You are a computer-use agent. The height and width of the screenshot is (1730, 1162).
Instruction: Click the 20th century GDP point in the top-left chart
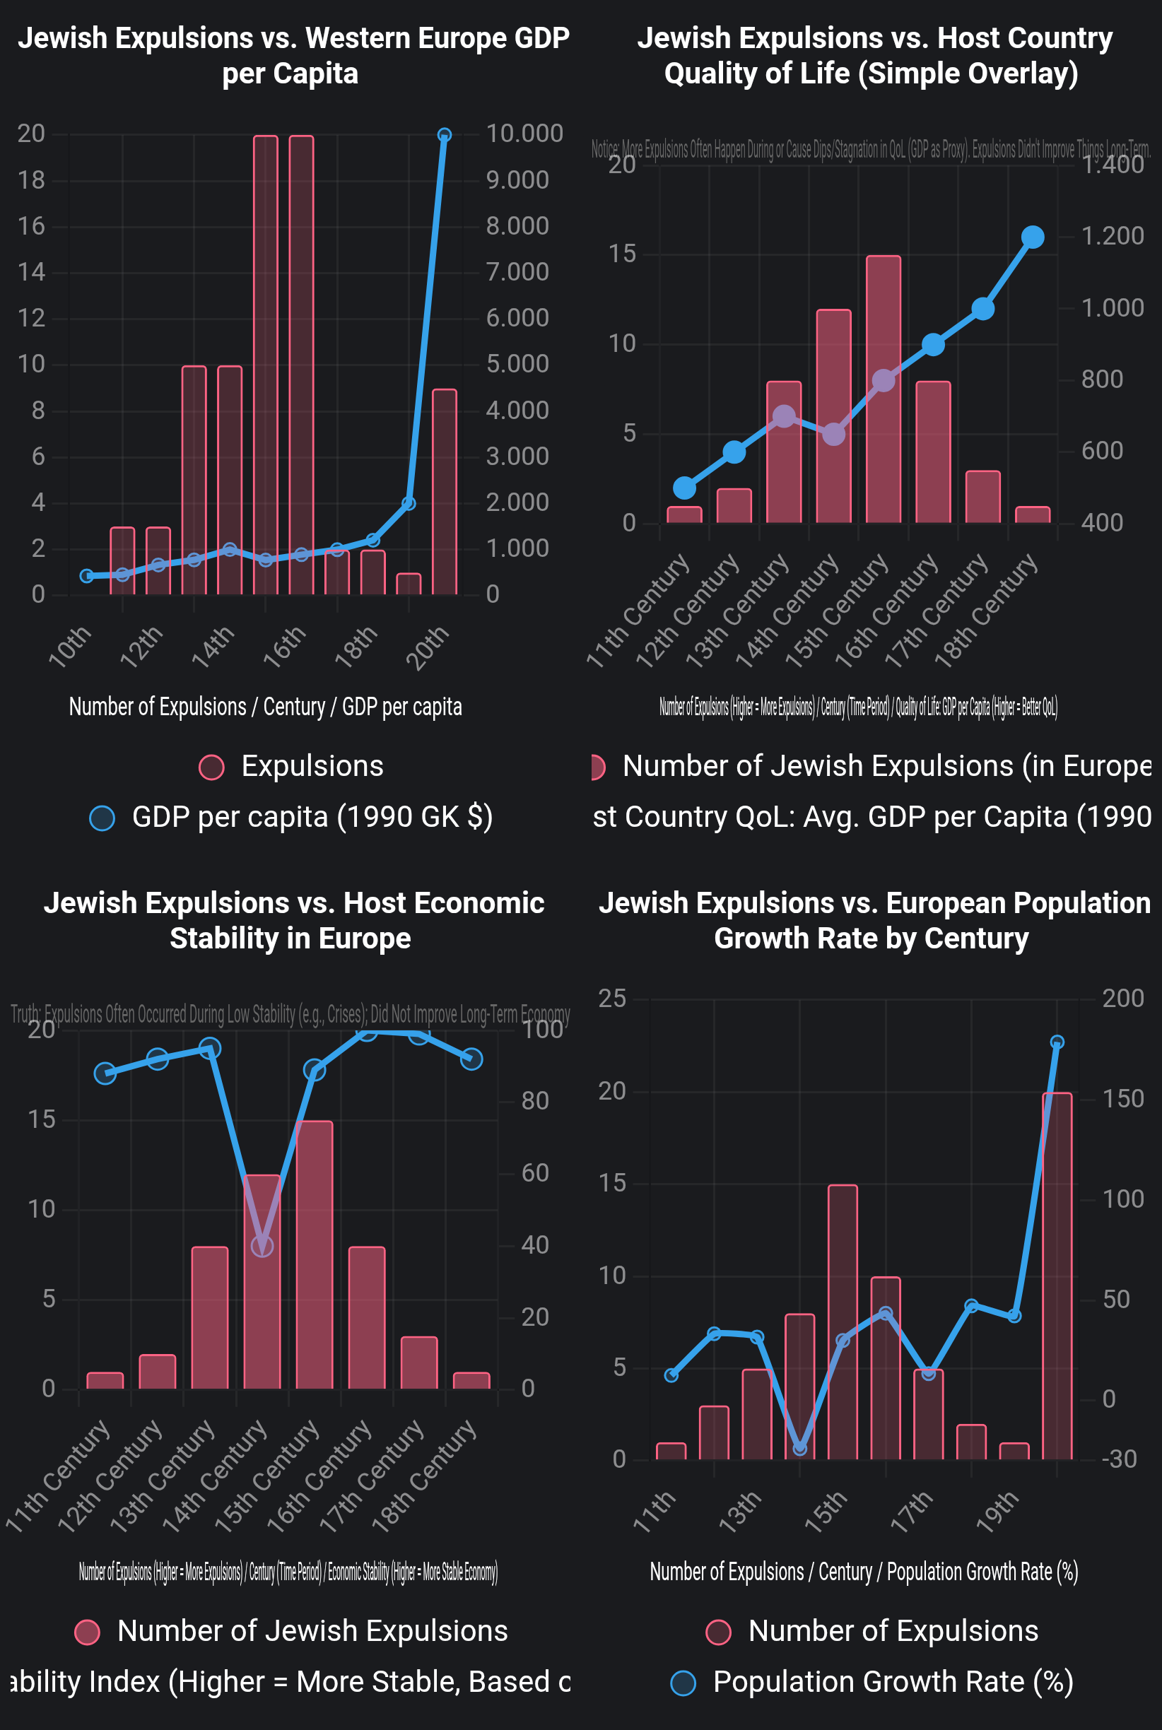tap(444, 136)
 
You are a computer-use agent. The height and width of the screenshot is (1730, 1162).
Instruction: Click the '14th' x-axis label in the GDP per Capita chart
tap(213, 646)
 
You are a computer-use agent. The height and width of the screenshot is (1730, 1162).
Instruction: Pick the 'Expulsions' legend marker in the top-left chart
tap(212, 767)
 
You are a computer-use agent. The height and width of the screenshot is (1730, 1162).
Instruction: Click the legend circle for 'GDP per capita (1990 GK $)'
tap(102, 818)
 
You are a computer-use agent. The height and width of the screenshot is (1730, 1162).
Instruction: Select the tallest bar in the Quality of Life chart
tap(884, 389)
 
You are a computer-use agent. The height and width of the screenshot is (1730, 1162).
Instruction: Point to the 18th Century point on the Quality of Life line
tap(1033, 237)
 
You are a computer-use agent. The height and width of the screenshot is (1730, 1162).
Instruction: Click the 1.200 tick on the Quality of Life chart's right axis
tap(1113, 236)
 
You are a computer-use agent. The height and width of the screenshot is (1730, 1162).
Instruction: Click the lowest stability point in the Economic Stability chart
tap(262, 1246)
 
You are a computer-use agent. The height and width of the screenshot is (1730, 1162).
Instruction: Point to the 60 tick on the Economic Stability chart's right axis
tap(534, 1174)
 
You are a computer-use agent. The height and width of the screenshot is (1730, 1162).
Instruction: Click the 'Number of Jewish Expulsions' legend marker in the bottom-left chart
tap(88, 1632)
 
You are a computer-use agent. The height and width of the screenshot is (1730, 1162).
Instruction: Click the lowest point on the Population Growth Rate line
tap(799, 1449)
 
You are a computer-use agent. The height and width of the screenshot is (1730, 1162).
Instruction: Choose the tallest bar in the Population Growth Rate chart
tap(1057, 1276)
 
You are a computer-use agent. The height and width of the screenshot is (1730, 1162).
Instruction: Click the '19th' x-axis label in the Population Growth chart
tap(997, 1512)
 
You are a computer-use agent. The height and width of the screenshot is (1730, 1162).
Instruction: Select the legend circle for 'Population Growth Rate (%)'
tap(683, 1683)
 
